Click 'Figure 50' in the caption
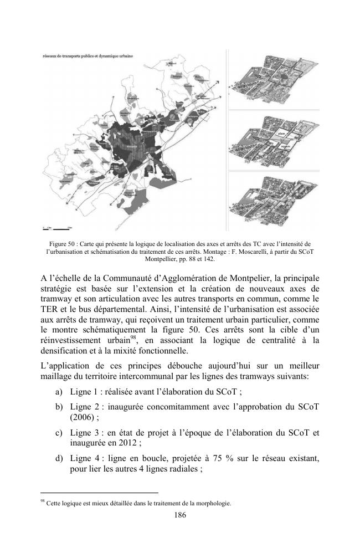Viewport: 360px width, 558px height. tap(63, 243)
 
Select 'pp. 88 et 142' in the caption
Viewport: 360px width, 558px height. tap(202, 259)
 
